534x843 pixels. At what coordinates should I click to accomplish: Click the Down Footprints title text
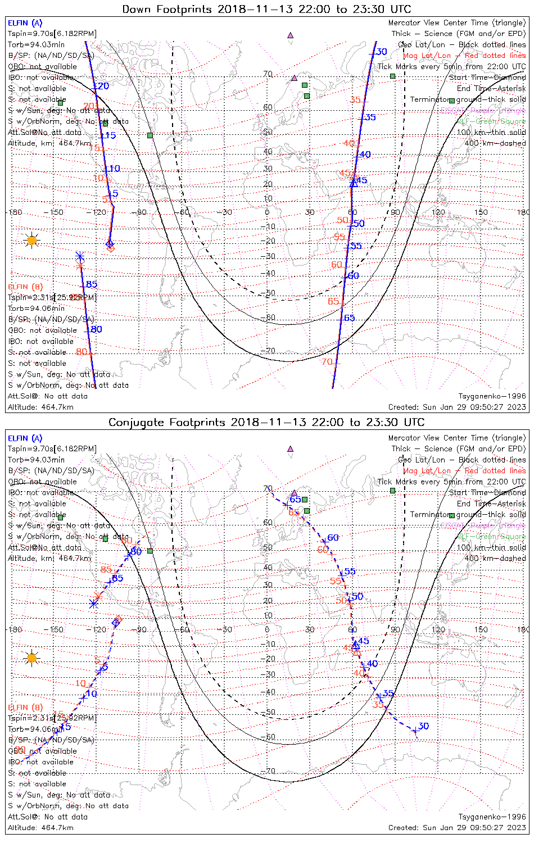point(266,9)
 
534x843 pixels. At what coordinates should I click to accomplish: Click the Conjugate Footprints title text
point(266,422)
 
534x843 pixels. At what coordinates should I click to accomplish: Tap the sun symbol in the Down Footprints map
point(32,241)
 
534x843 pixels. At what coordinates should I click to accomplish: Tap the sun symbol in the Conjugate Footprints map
point(32,658)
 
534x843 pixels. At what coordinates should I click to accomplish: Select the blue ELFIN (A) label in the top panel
point(25,23)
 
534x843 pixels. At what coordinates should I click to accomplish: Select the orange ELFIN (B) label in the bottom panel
point(25,707)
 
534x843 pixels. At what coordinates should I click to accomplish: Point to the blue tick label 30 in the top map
point(382,52)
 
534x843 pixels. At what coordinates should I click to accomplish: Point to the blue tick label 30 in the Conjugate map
point(424,726)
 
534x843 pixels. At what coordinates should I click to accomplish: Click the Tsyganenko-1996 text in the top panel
point(492,396)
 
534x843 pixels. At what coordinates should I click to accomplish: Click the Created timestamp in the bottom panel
point(457,827)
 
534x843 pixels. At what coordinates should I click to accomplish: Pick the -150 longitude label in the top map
point(56,212)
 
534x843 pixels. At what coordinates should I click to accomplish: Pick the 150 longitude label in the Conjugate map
point(481,629)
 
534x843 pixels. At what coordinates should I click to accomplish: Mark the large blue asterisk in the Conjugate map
point(94,604)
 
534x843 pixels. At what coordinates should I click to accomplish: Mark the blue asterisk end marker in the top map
point(79,256)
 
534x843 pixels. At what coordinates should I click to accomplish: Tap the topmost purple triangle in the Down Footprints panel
point(291,35)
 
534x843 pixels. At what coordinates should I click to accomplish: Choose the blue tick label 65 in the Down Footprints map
point(349,318)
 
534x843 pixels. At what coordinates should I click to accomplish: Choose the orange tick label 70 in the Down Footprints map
point(327,362)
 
